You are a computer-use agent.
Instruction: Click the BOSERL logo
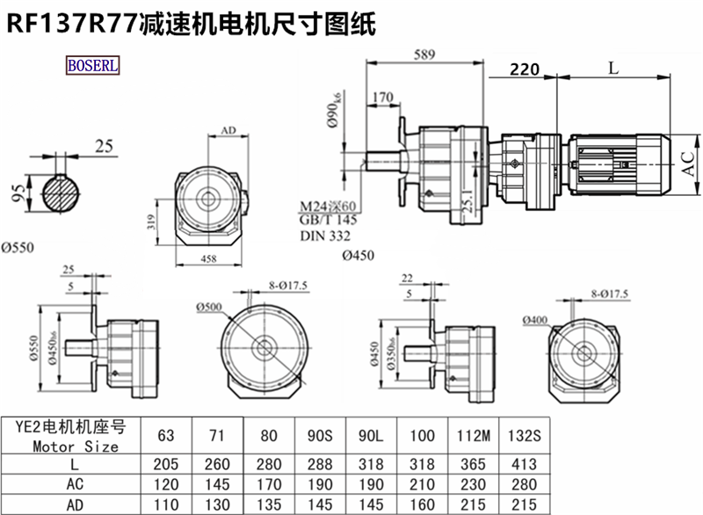pos(93,64)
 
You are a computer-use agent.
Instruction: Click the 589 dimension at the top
pos(425,54)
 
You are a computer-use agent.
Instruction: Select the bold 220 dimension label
pos(524,69)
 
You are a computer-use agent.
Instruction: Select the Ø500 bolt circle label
pos(211,307)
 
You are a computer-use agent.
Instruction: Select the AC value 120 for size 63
pos(166,482)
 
